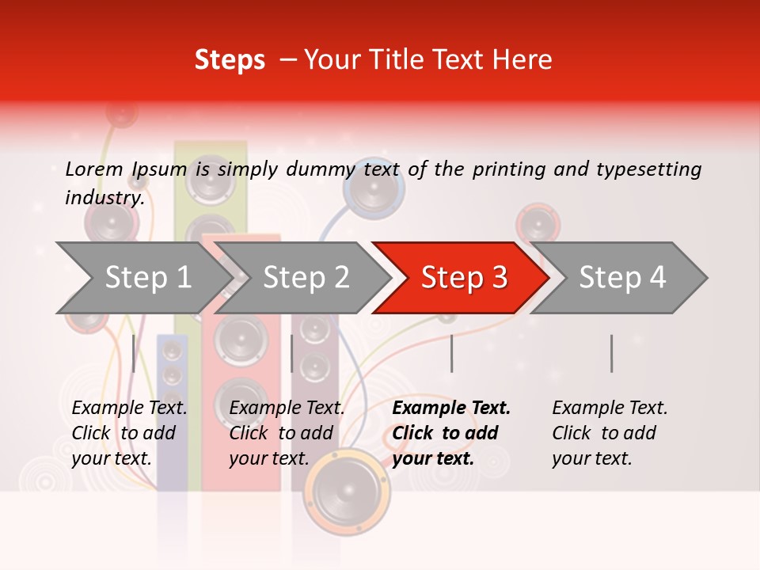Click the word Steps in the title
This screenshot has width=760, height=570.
230,60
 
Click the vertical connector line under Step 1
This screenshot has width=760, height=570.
134,353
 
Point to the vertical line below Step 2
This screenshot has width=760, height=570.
292,353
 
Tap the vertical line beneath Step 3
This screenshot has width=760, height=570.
451,353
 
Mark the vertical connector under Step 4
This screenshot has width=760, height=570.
611,353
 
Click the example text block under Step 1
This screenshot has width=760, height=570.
129,433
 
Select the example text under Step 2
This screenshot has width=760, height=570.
287,433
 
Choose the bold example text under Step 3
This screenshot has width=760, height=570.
451,433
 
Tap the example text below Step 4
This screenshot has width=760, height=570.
610,433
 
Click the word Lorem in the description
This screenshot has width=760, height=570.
94,169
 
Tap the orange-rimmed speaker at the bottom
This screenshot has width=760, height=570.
348,490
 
